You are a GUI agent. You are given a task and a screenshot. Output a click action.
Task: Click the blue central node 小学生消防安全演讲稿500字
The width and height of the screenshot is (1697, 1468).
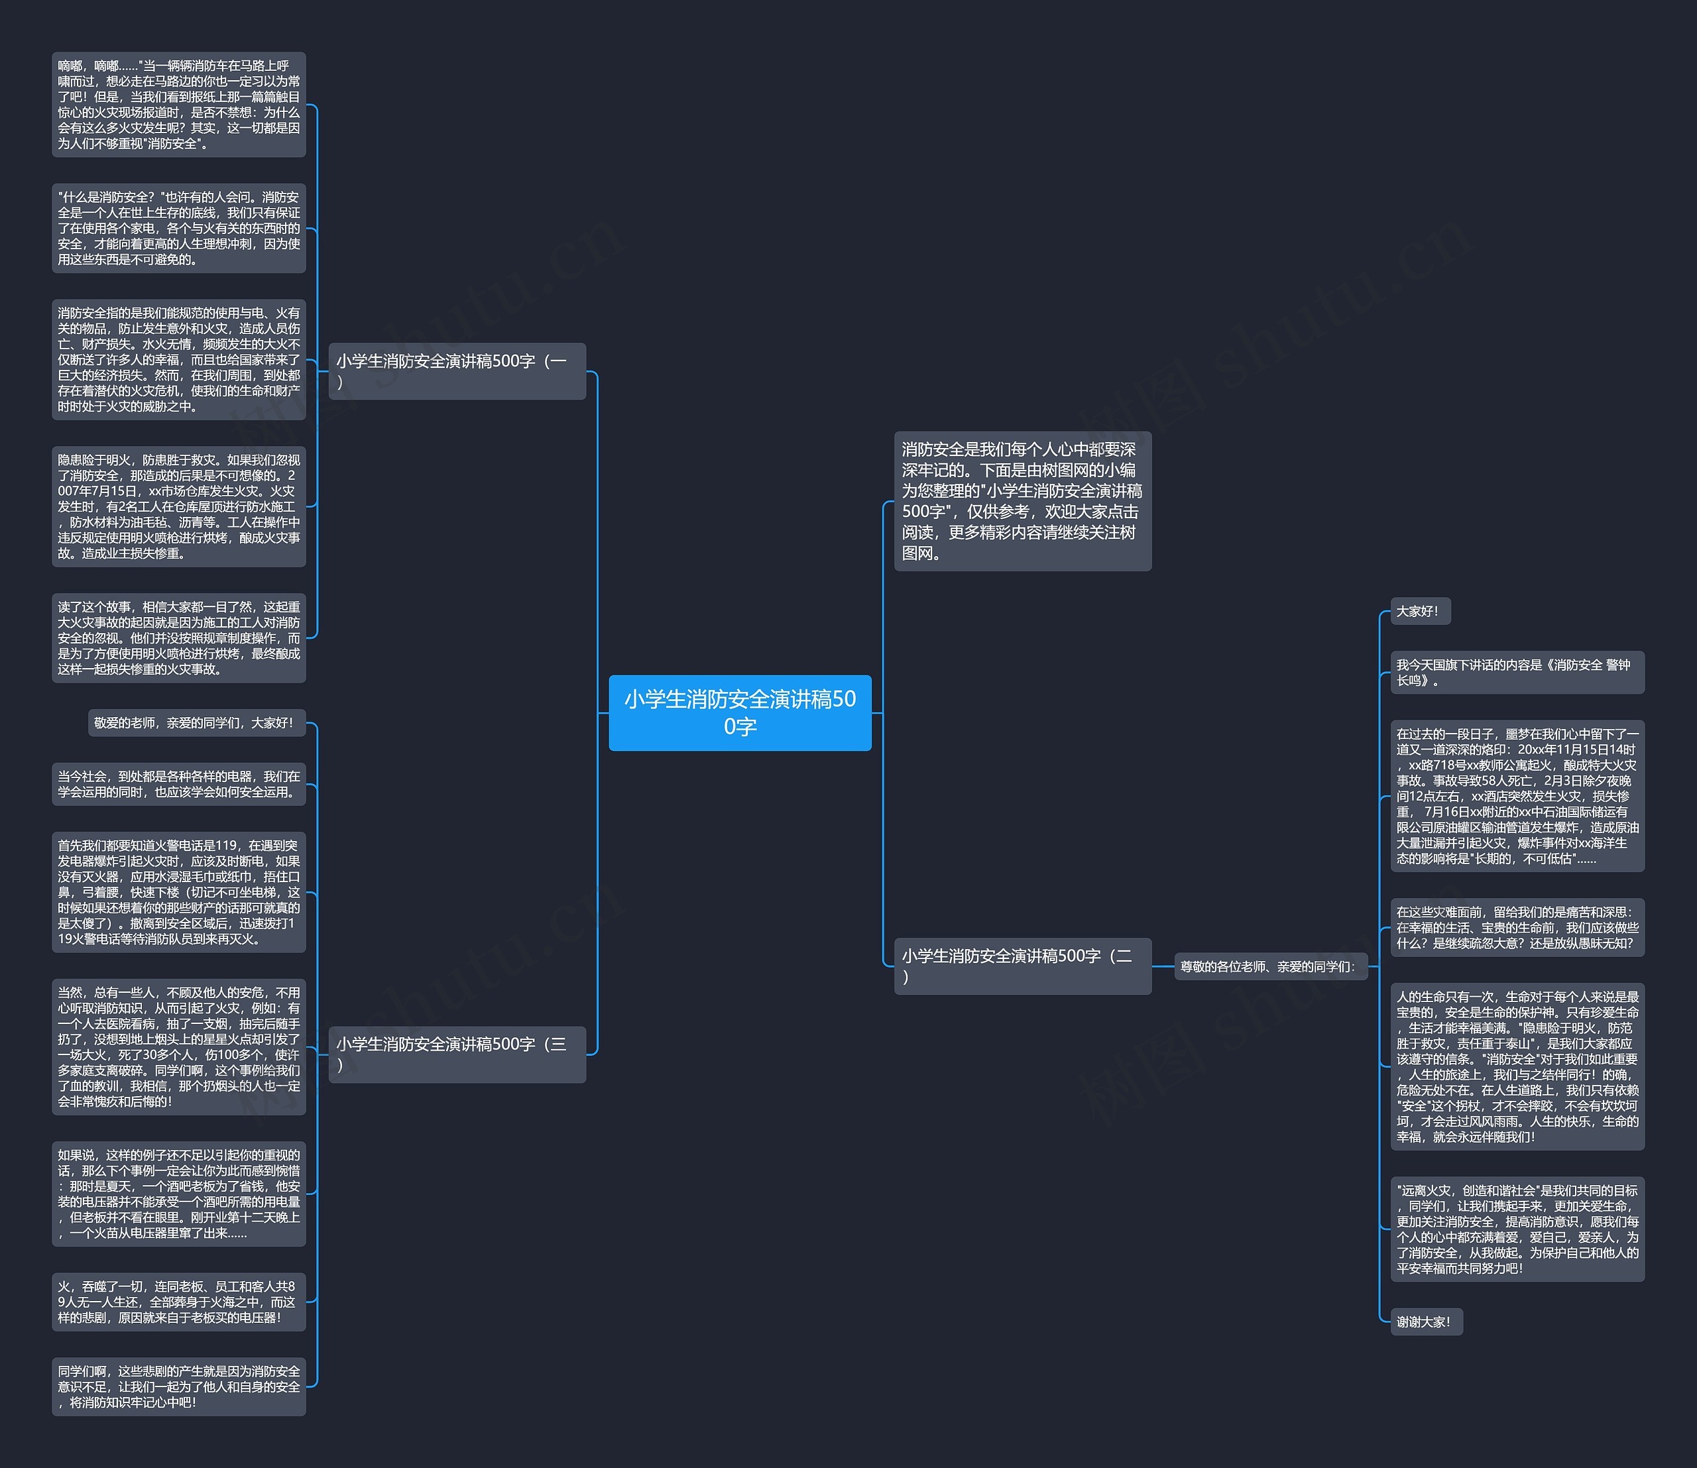coord(739,712)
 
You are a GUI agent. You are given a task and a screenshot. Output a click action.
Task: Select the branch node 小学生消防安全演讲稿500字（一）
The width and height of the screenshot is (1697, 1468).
coord(457,371)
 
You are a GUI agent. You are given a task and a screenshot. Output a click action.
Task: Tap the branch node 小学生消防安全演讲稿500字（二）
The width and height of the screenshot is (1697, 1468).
coord(1022,966)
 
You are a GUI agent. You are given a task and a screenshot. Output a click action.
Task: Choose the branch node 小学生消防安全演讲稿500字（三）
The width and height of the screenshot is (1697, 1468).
coord(457,1054)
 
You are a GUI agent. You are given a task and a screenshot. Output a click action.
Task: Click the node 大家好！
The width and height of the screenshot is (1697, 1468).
coord(1419,611)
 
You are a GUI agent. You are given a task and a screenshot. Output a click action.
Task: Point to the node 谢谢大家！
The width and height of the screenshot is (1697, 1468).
coord(1425,1322)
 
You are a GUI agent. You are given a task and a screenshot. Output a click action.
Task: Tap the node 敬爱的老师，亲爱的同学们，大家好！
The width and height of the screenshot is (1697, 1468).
coord(196,722)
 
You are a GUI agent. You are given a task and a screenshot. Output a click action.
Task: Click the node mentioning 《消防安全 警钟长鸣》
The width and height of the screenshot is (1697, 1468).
coord(1516,673)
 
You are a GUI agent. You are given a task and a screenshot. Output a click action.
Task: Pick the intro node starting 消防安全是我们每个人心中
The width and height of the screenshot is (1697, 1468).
coord(1022,500)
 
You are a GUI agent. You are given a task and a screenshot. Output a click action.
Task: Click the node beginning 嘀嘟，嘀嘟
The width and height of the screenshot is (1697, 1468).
coord(178,105)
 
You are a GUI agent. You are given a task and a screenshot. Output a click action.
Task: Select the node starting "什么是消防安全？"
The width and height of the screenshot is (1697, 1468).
coord(178,228)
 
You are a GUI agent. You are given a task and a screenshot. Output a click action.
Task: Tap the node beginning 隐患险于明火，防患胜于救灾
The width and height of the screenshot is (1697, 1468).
coord(178,506)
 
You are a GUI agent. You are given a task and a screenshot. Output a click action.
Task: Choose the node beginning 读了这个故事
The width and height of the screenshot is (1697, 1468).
coord(178,638)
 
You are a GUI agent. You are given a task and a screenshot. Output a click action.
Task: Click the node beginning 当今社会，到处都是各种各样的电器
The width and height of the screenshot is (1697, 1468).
coord(178,784)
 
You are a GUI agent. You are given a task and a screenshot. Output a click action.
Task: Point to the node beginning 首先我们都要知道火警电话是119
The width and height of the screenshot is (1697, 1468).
coord(178,891)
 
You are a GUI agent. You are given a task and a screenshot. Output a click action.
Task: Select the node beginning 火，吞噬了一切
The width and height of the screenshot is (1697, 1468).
coord(178,1301)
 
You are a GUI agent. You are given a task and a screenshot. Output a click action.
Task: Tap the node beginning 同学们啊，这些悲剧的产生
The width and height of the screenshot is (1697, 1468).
coord(178,1386)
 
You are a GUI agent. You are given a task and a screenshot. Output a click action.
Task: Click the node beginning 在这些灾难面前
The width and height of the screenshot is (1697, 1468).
coord(1516,927)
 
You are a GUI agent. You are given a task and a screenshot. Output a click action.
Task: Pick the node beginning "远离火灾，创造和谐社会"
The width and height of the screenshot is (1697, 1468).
coord(1516,1229)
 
